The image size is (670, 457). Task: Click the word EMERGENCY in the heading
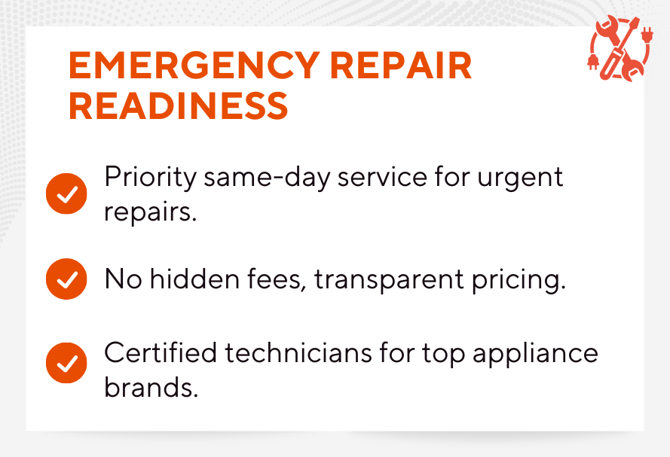point(194,66)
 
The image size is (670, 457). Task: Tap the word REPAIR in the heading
point(401,66)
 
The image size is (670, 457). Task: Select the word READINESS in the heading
point(178,106)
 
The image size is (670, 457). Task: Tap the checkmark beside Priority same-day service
point(66,193)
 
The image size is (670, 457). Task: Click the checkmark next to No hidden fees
point(66,279)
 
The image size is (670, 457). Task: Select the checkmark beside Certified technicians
point(66,363)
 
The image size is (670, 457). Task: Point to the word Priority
point(150,178)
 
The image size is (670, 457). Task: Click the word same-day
point(267,178)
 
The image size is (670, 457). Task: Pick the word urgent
point(520,178)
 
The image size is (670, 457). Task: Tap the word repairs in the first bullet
point(150,212)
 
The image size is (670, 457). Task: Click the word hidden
point(195,279)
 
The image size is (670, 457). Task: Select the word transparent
point(389,280)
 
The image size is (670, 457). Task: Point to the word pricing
point(519,280)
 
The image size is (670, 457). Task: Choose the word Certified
point(161,353)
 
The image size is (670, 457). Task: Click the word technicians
point(298,353)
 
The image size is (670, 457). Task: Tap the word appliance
point(535,354)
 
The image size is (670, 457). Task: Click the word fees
point(277,280)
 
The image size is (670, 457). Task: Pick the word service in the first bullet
point(382,178)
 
